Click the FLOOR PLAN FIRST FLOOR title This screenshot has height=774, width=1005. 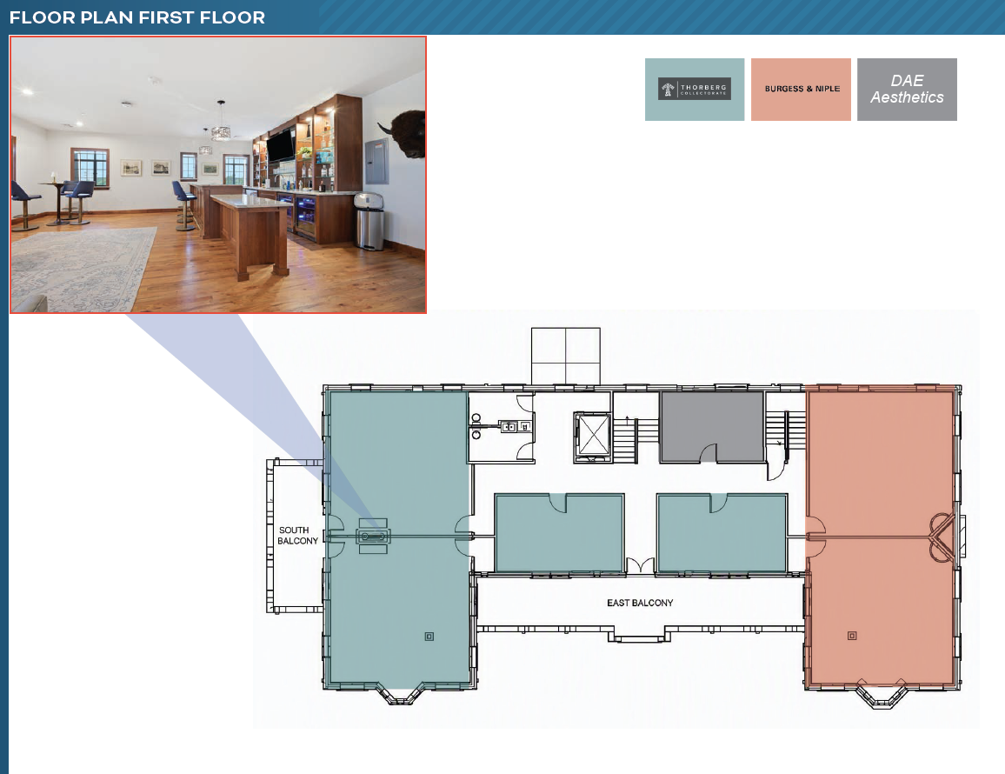tap(137, 17)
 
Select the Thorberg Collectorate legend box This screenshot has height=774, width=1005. tap(694, 90)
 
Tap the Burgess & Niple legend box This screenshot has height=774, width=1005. tap(802, 90)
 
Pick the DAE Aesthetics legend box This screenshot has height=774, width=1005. tap(907, 90)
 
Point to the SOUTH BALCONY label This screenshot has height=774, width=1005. tap(297, 536)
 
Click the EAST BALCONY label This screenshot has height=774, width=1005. tap(640, 603)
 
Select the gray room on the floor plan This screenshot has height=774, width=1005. tap(712, 426)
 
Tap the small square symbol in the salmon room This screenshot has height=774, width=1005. tap(852, 636)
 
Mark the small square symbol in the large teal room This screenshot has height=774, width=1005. tap(429, 636)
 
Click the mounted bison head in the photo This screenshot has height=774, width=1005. tap(403, 134)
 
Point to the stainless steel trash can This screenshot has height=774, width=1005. tap(369, 221)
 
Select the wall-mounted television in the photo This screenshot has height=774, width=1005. tap(281, 145)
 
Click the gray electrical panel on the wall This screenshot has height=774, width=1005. tap(377, 162)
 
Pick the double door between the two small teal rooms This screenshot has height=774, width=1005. tap(641, 565)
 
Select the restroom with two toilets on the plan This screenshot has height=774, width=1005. tap(502, 427)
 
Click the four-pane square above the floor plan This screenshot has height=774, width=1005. tap(566, 356)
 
